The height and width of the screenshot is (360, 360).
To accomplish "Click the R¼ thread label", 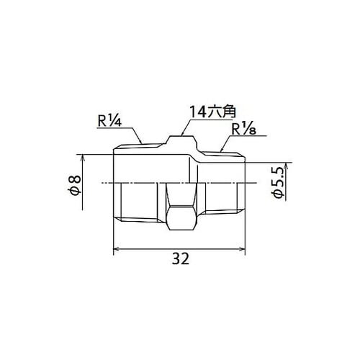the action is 110,121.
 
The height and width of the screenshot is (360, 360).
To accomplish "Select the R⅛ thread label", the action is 244,130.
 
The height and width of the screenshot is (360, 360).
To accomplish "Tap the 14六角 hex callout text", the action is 212,112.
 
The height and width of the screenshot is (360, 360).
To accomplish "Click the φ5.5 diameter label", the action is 279,183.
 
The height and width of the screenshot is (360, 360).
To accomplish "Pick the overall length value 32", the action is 181,258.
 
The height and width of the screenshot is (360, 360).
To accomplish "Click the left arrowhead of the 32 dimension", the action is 117,249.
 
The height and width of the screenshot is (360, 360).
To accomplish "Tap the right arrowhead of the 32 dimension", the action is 242,249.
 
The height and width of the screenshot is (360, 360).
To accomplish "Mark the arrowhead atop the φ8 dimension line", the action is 82,158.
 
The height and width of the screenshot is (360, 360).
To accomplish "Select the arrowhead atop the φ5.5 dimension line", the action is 286,166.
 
